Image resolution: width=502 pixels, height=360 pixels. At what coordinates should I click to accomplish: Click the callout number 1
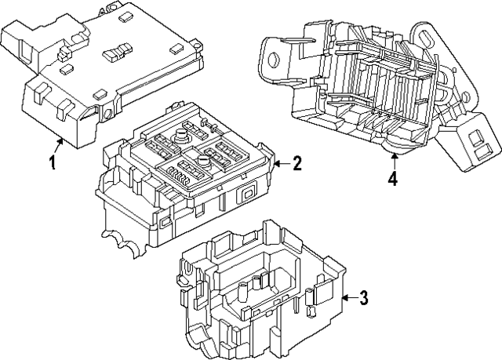53,163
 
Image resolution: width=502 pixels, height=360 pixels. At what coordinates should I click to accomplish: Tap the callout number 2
297,163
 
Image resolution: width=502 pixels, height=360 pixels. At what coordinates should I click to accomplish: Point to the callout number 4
392,178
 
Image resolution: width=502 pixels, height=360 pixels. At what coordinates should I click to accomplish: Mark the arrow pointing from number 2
281,163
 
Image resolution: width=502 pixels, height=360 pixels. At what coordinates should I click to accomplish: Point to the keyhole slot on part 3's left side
188,274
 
